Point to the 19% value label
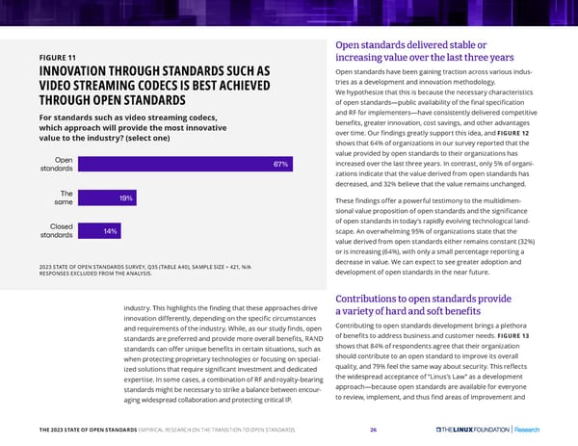point(125,197)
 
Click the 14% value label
point(110,231)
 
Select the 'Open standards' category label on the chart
point(57,165)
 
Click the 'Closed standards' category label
point(57,231)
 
